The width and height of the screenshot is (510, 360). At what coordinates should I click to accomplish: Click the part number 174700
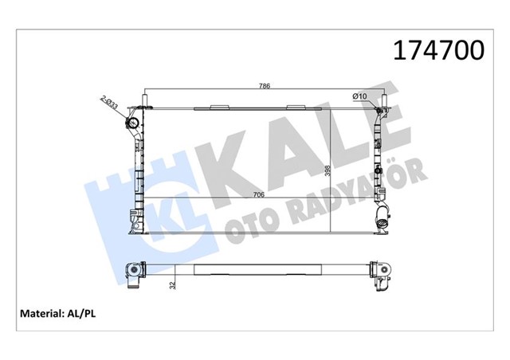click(x=437, y=51)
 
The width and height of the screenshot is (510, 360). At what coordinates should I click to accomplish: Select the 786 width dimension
click(x=263, y=85)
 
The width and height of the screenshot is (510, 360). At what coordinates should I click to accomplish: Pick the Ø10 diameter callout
click(x=359, y=96)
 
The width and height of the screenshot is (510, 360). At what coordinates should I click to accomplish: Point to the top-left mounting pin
click(x=144, y=101)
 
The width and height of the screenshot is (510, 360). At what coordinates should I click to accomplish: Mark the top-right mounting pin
click(x=383, y=101)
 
